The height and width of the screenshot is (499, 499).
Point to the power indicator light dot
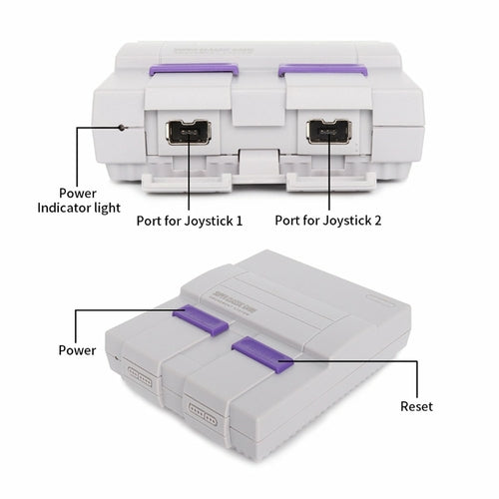(x=122, y=128)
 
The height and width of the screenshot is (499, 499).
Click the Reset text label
(x=416, y=408)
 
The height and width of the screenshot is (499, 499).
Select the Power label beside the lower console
(x=77, y=350)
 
